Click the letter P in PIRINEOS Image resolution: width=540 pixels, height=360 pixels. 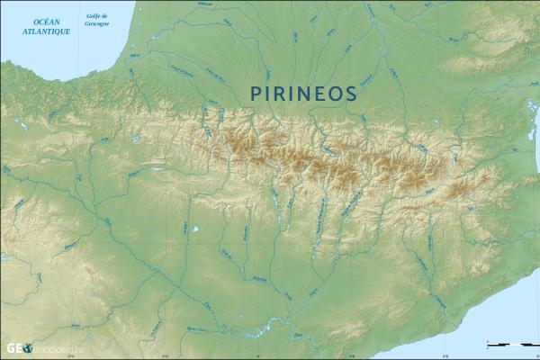256,94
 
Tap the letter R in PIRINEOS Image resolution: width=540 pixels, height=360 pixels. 283,94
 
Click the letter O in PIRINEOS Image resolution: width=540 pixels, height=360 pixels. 338,94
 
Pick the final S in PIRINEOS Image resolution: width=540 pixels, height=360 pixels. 352,94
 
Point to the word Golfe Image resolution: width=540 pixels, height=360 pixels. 93,16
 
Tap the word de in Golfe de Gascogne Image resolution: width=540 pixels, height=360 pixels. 106,16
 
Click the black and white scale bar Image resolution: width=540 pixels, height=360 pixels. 509,343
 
